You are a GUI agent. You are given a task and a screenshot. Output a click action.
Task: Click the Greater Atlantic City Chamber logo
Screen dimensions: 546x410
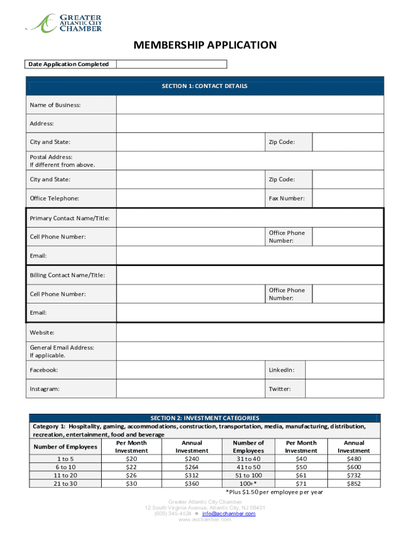click(63, 23)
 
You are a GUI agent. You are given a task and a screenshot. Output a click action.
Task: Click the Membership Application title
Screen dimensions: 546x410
click(205, 45)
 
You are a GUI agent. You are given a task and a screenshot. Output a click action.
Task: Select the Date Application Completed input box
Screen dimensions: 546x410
click(171, 65)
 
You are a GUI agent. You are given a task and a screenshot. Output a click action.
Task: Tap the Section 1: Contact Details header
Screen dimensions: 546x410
click(205, 86)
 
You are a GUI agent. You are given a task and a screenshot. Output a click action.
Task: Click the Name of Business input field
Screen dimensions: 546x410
click(250, 105)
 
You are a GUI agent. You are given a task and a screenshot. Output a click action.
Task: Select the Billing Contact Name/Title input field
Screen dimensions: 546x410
click(250, 275)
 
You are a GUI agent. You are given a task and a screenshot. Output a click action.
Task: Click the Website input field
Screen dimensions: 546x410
click(250, 333)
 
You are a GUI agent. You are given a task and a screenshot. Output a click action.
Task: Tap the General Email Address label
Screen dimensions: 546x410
click(62, 348)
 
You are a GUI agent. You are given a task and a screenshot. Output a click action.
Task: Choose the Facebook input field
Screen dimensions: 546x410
click(190, 370)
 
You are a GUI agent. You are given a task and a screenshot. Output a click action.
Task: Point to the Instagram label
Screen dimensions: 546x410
click(45, 389)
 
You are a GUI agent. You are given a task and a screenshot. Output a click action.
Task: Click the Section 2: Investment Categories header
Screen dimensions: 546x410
click(205, 418)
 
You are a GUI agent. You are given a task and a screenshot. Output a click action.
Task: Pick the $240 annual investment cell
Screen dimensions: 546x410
click(192, 459)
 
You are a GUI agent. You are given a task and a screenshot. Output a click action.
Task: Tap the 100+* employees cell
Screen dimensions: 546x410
click(248, 484)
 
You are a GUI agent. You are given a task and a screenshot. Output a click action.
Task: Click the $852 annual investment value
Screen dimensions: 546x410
click(354, 484)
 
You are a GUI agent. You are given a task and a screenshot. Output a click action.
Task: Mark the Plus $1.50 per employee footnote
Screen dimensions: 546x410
click(274, 492)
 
